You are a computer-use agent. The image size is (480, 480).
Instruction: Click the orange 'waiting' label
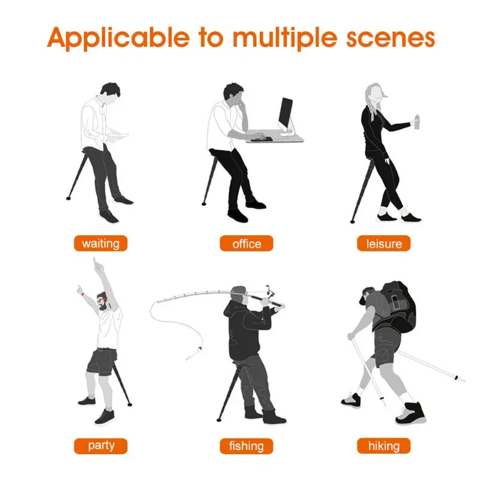coord(101,244)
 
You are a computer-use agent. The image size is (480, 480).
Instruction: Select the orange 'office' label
coord(247,244)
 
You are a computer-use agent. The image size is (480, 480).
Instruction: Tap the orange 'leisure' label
coord(384,244)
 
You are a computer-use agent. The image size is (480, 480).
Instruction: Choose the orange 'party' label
coord(101,446)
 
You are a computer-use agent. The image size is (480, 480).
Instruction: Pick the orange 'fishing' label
coord(246,446)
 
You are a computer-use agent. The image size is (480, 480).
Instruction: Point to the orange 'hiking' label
coord(384,446)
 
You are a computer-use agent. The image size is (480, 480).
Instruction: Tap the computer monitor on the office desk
coord(286,114)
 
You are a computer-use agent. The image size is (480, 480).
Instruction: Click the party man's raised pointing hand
coord(94,263)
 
